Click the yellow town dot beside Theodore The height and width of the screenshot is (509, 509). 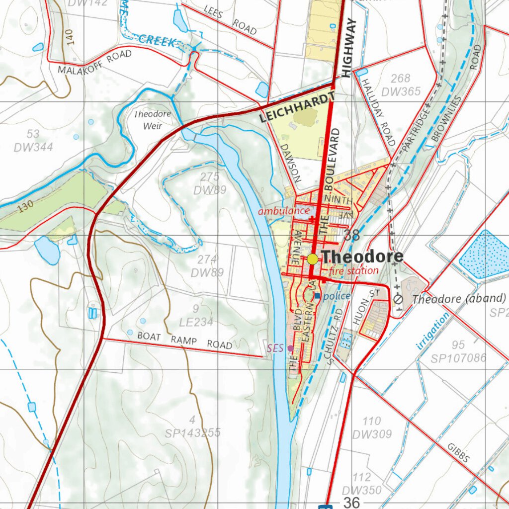point(313,259)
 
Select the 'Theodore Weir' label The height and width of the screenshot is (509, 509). point(153,120)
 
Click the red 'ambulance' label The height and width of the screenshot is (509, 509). point(283,210)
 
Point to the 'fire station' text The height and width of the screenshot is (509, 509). point(353,271)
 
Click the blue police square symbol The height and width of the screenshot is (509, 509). point(318,296)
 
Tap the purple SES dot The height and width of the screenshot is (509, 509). point(290,348)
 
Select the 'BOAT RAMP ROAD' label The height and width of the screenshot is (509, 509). point(184,340)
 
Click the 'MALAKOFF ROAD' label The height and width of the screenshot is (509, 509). point(94,62)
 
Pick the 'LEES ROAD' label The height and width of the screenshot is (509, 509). point(230,19)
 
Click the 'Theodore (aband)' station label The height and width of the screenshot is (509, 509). point(459,299)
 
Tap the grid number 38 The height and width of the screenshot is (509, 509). point(351,236)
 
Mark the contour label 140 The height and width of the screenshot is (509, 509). point(69,36)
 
